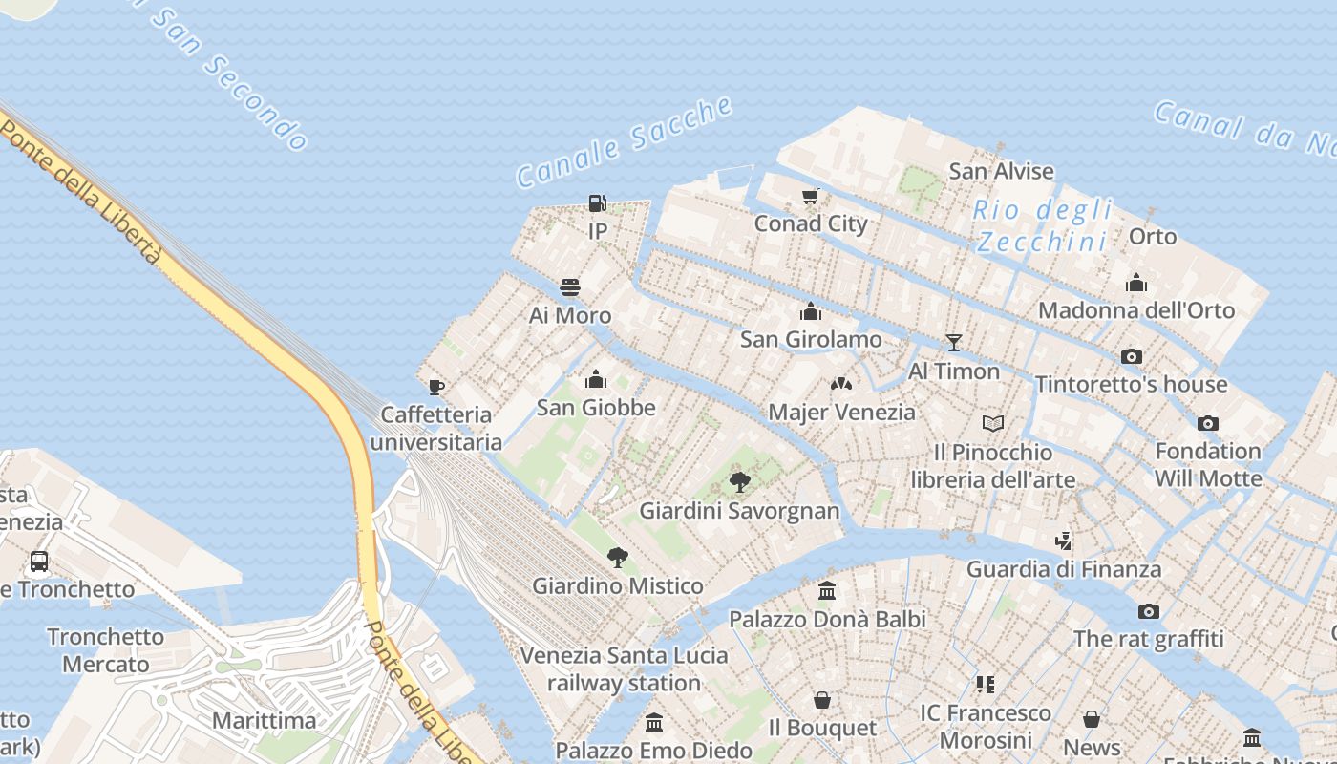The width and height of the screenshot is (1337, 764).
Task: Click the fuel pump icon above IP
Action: point(597,202)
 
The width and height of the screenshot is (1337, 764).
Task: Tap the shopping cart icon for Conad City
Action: point(811,196)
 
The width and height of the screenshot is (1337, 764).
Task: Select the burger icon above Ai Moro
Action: point(570,287)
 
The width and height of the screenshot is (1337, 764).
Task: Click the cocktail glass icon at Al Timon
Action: point(953,343)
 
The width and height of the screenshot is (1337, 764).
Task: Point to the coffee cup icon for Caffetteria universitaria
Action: point(436,387)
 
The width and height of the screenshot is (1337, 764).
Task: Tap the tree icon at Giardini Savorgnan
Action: point(739,482)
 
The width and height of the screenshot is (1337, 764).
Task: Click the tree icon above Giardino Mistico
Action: point(618,558)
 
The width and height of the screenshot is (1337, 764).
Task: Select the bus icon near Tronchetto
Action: point(39,562)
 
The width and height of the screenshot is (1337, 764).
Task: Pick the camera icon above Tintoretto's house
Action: point(1132,356)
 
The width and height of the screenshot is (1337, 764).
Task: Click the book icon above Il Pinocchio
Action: point(993,423)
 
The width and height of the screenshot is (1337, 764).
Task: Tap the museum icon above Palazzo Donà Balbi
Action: point(827,591)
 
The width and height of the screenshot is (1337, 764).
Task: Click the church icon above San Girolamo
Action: point(811,311)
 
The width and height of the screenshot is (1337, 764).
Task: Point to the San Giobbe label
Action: point(596,408)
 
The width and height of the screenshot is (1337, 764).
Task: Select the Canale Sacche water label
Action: point(625,142)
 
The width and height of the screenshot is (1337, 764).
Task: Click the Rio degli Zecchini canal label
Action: point(1043,225)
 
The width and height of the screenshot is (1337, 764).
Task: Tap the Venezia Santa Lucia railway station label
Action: point(624,669)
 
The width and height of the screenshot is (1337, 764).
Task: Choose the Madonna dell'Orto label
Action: point(1135,310)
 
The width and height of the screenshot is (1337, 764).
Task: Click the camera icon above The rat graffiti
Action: point(1148,611)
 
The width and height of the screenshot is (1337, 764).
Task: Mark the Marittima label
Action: point(265,720)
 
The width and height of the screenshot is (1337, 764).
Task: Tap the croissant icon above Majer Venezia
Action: point(840,384)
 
